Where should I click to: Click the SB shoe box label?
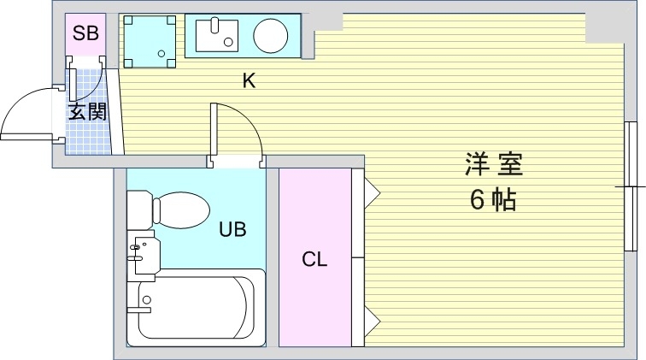tap(85, 34)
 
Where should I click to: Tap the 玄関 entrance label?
tap(87, 110)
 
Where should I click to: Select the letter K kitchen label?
tap(249, 81)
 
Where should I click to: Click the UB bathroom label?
tap(232, 229)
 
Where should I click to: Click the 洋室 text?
tap(493, 163)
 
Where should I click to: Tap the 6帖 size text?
tap(492, 200)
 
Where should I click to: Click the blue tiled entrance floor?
tap(89, 133)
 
